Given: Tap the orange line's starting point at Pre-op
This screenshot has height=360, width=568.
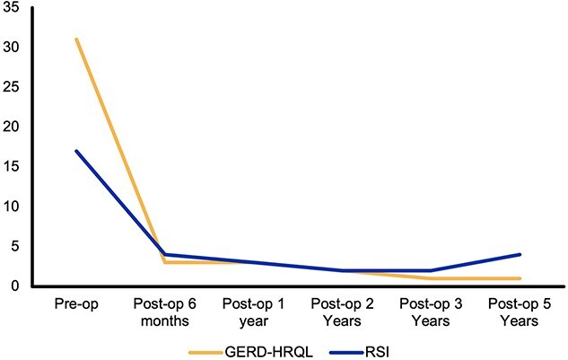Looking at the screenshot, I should point(76,39).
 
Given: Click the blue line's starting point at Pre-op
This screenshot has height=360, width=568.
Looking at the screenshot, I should point(76,151).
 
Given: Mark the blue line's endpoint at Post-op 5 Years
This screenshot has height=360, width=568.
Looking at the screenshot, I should point(520,254).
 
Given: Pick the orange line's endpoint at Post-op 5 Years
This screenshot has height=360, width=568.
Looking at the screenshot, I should point(520,278).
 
